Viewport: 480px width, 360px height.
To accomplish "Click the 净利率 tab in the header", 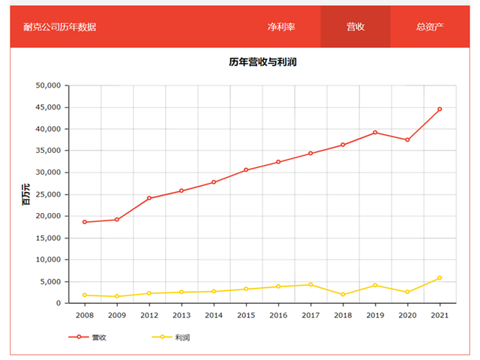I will click(x=281, y=27).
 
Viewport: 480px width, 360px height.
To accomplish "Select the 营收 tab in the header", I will click(x=355, y=27).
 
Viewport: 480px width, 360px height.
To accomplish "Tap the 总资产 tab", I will click(x=430, y=27).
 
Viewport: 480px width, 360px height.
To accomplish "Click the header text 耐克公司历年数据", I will click(x=60, y=27).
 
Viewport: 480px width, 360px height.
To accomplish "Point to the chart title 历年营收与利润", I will click(x=263, y=62).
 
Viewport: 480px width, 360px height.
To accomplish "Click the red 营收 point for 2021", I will click(x=439, y=109).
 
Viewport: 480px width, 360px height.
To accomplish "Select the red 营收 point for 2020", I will click(x=407, y=140).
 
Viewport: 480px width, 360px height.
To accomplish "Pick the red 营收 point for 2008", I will click(x=84, y=222).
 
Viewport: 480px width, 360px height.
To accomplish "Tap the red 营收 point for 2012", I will click(x=148, y=198).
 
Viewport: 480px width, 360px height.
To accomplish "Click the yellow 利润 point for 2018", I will click(x=343, y=294).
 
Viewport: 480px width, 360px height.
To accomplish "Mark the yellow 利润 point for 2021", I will click(x=439, y=277).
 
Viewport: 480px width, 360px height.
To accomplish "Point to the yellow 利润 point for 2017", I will click(x=310, y=284).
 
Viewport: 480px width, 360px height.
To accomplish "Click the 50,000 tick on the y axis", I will click(x=47, y=85).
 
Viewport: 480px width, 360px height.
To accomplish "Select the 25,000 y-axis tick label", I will click(x=47, y=194).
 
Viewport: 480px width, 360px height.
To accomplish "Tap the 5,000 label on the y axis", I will click(x=50, y=281).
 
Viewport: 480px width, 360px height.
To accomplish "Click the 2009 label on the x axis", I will click(x=116, y=316).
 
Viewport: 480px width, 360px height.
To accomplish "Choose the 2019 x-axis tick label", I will click(x=375, y=316).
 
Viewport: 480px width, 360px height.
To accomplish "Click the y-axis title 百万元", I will click(x=26, y=194).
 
